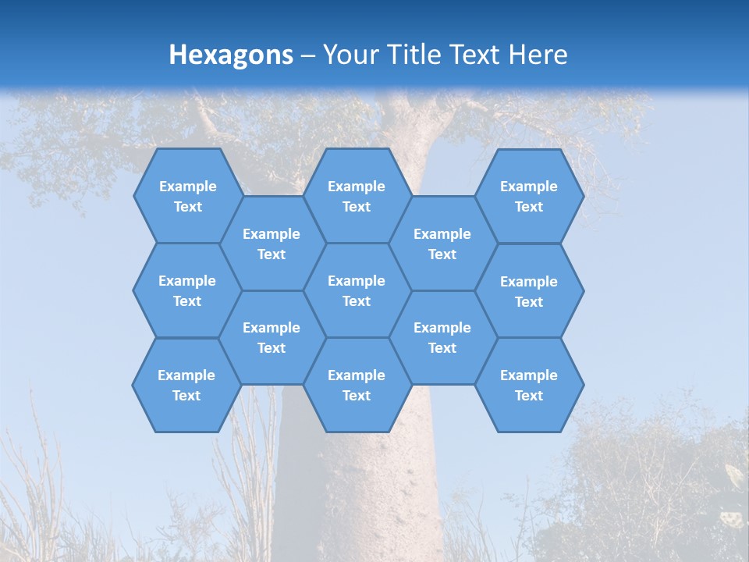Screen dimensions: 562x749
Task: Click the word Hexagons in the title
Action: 231,55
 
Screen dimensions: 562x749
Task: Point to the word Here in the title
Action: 538,55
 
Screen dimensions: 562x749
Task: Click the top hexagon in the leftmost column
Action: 187,196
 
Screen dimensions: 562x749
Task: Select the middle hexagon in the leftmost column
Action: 187,290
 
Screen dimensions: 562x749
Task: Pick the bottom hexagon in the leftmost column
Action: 186,385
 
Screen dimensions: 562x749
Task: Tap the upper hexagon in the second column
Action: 272,244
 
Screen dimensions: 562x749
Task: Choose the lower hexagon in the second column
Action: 272,337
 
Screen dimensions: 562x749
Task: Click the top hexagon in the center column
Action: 357,196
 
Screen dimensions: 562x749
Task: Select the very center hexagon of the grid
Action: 357,290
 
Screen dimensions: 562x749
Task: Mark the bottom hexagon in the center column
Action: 357,385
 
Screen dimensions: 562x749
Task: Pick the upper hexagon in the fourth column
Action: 442,244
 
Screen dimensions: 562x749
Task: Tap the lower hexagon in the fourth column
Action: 442,337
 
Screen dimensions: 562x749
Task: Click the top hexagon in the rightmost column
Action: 529,196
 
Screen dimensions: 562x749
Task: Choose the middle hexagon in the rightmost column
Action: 529,291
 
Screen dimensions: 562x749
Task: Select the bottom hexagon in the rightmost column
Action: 529,385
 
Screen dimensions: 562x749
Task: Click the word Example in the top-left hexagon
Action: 187,187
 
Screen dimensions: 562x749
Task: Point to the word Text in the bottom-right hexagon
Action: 529,396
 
